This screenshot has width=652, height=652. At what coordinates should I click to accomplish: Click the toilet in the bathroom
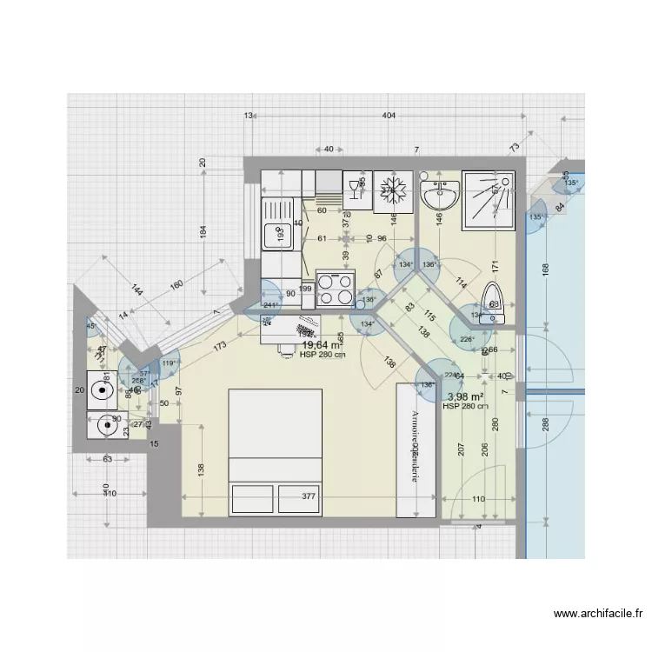(494, 301)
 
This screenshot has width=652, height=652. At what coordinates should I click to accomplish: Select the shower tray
(489, 196)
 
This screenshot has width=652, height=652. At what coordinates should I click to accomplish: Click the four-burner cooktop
(336, 289)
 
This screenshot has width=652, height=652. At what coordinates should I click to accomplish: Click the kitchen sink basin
(280, 233)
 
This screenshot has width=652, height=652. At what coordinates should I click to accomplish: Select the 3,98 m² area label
(465, 397)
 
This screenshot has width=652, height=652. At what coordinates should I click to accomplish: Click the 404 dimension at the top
(389, 116)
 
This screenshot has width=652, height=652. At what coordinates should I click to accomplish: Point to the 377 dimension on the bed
(308, 497)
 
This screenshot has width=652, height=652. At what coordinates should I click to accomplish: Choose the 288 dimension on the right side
(545, 425)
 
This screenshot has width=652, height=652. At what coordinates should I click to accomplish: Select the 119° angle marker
(169, 363)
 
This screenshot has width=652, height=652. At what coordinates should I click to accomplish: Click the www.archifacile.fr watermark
(599, 614)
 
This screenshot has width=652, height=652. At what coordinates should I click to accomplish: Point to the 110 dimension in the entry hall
(477, 499)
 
